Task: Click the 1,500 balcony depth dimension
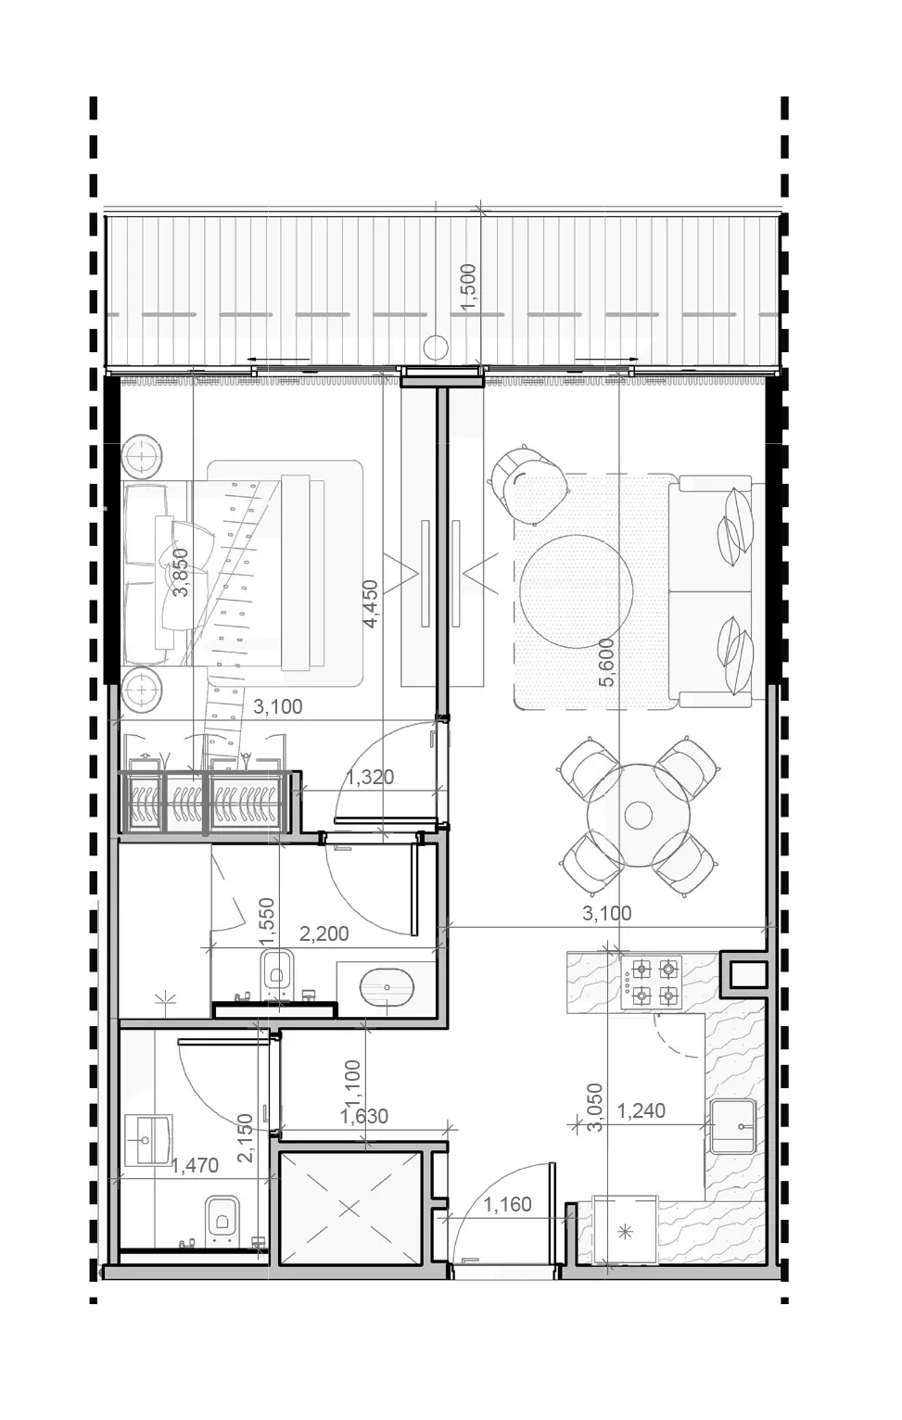tap(468, 286)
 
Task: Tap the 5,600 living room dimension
tap(607, 663)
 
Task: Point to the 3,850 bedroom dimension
tap(181, 573)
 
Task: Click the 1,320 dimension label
tap(370, 777)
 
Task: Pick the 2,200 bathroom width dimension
tap(324, 933)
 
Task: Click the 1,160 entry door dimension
tap(508, 1204)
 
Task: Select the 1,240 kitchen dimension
tap(641, 1110)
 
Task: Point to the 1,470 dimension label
tap(195, 1165)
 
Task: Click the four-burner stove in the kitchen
tap(651, 983)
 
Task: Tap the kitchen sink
tap(733, 1126)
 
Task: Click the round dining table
tap(638, 815)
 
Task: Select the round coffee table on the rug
tap(576, 590)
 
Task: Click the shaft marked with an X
tap(349, 1209)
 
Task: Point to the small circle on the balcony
tap(436, 346)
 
